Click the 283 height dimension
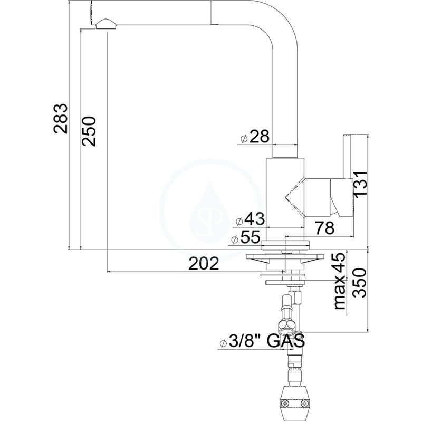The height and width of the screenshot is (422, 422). [60, 118]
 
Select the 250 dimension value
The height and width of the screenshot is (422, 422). [89, 131]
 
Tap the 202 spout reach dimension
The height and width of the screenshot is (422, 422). [204, 263]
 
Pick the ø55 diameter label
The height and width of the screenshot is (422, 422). [246, 237]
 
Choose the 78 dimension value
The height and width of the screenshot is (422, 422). [325, 228]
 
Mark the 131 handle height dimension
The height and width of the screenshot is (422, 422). [360, 184]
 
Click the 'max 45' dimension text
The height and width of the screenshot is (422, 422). [339, 281]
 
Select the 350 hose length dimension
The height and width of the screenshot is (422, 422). [360, 283]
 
